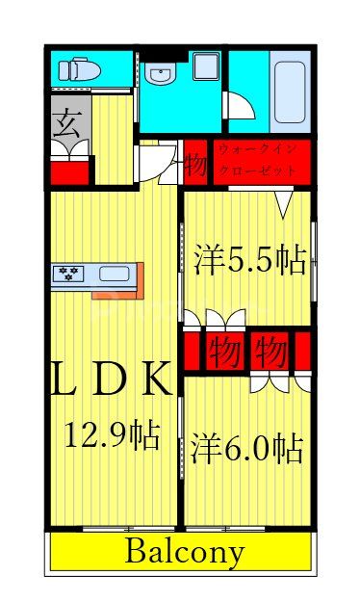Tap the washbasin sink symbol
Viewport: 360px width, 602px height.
coord(160,74)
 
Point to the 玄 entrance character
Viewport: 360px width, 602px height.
coord(67,123)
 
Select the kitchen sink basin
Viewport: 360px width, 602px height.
coord(113,273)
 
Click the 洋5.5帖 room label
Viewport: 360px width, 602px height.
coord(248,259)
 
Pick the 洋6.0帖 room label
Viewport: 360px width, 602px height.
coord(246,448)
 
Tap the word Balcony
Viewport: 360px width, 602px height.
coord(185,553)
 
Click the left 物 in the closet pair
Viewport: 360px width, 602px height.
coord(223,351)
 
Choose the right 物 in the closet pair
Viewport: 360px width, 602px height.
coord(270,352)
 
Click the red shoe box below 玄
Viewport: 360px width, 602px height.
coord(68,171)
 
